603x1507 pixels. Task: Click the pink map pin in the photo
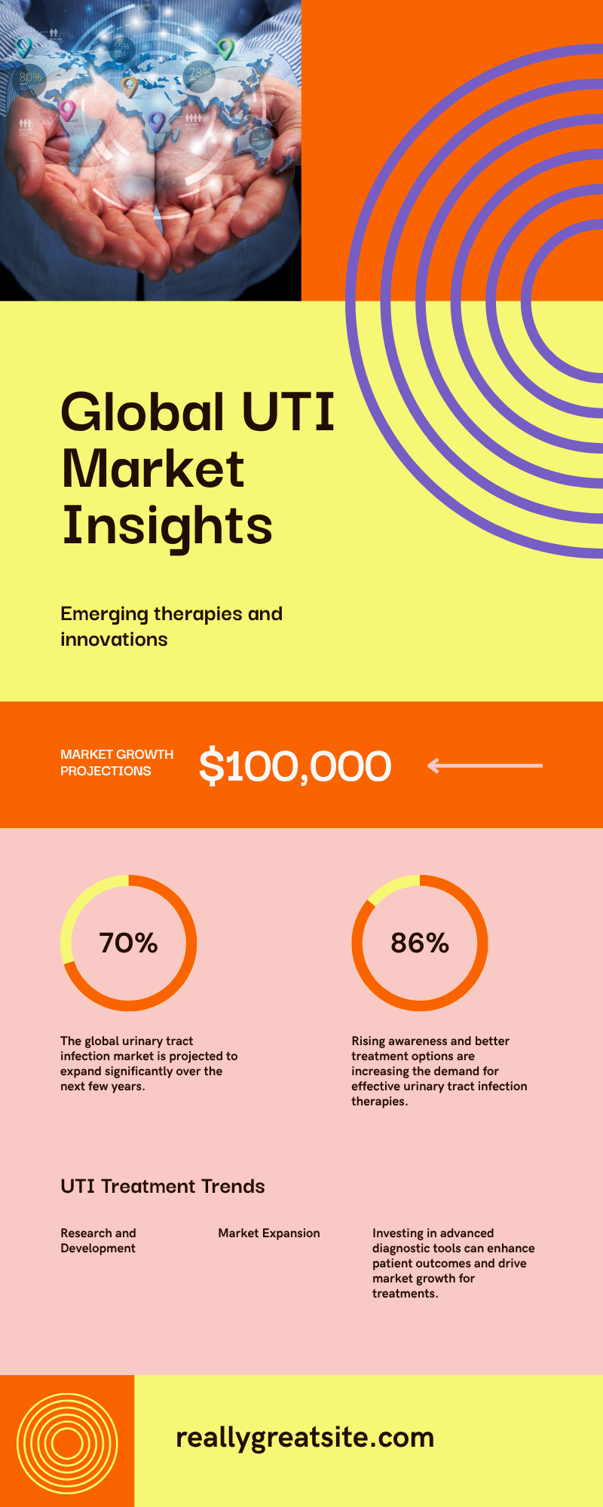[68, 111]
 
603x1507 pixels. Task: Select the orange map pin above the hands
[130, 87]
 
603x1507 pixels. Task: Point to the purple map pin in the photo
[156, 121]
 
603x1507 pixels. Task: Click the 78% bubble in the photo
[200, 76]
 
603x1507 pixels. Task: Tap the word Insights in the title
[167, 526]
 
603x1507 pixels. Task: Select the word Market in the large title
[153, 469]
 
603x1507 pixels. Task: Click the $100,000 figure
[295, 766]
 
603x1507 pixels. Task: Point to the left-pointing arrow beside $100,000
[485, 766]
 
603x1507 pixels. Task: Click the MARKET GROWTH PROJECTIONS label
[117, 763]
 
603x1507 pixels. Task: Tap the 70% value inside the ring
[128, 943]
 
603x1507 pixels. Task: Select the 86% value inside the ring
[420, 943]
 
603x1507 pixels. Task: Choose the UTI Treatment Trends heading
[163, 1186]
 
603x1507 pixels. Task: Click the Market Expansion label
[269, 1233]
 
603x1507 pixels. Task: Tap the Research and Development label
[98, 1240]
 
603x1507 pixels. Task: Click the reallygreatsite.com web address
[305, 1438]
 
